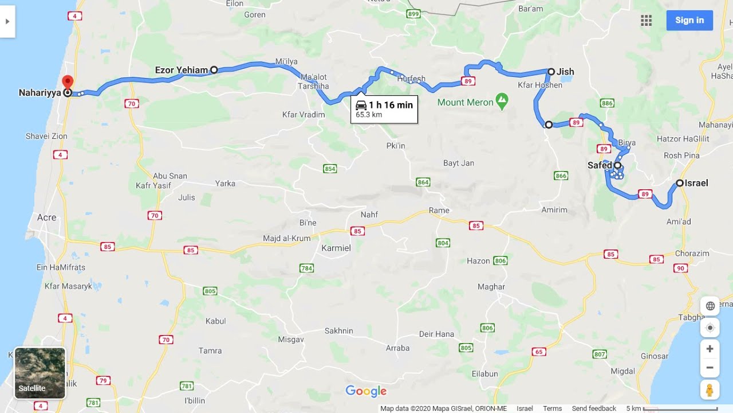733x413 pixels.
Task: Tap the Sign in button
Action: (x=689, y=20)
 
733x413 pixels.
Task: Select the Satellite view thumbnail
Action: (x=40, y=373)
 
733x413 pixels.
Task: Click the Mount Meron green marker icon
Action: (x=502, y=102)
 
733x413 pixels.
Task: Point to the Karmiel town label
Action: (x=336, y=248)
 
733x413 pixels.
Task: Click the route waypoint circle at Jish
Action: (x=551, y=72)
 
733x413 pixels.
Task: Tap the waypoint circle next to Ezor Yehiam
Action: (x=214, y=70)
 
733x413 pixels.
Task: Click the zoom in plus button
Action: (x=710, y=349)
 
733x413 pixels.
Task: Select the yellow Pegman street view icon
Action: (x=710, y=390)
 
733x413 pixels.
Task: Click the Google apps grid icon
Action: (x=647, y=21)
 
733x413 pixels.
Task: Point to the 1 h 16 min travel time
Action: (x=391, y=105)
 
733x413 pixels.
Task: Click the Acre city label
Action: (x=46, y=217)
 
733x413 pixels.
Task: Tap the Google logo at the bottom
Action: (x=366, y=391)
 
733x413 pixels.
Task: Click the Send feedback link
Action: (x=594, y=408)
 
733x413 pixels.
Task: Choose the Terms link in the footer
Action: (x=552, y=408)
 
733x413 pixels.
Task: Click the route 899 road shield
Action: (x=413, y=14)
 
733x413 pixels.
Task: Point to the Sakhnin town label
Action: (x=339, y=331)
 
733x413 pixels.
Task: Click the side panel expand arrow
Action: (x=7, y=21)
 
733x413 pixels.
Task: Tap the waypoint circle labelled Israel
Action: (x=680, y=183)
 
